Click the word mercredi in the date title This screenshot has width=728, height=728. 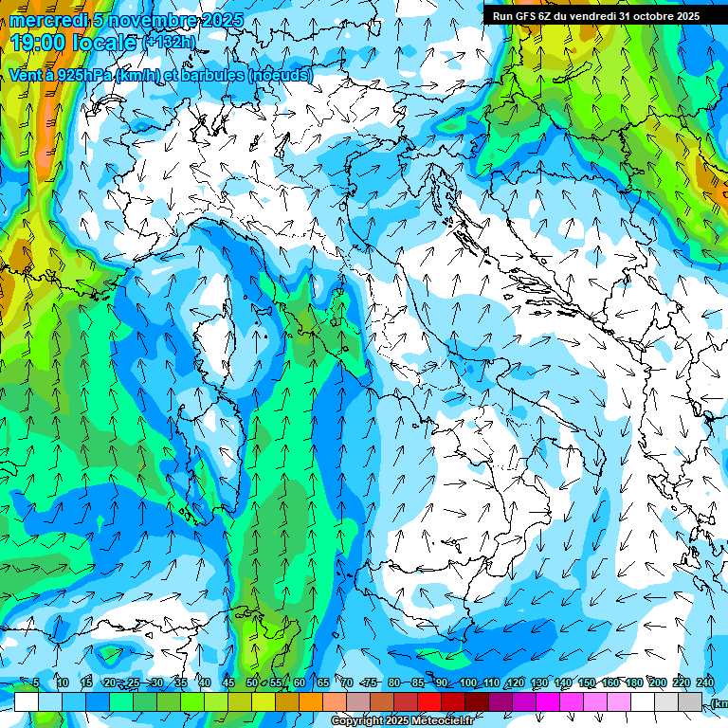pyautogui.click(x=48, y=20)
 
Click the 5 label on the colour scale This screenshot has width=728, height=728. pyautogui.click(x=36, y=682)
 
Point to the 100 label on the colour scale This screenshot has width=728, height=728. pyautogui.click(x=467, y=682)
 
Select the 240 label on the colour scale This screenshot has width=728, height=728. pyautogui.click(x=705, y=682)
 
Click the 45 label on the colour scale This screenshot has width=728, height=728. pyautogui.click(x=228, y=682)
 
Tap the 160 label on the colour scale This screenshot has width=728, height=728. pyautogui.click(x=610, y=682)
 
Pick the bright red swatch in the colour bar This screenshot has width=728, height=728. pyautogui.click(x=429, y=701)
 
